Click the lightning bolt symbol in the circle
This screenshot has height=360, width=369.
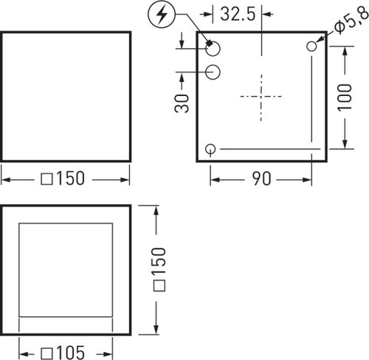coord(162,15)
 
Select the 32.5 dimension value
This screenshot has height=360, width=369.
coord(238,14)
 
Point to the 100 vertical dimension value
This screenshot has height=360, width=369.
coord(345,97)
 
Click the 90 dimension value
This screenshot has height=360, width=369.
coord(261,179)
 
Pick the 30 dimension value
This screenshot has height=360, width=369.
coord(182,103)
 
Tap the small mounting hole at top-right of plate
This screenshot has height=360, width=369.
coord(311,46)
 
